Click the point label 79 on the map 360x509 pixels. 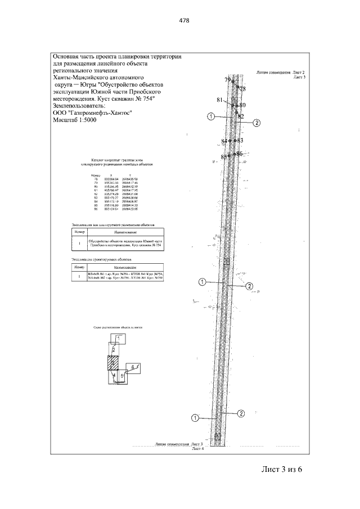tap(227, 80)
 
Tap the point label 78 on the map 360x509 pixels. tap(242, 89)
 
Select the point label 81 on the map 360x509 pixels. tap(220, 100)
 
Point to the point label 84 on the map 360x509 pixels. tap(224, 141)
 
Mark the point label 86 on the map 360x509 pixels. tap(239, 153)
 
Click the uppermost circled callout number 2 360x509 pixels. tap(256, 123)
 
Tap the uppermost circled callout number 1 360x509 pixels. tap(210, 117)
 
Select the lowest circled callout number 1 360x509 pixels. tap(195, 417)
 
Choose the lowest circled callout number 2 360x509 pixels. tap(240, 413)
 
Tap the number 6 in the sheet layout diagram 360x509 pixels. tap(133, 367)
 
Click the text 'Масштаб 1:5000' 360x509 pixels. tap(74, 120)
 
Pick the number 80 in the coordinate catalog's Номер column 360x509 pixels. tap(96, 186)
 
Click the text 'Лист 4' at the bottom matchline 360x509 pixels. tap(197, 449)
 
